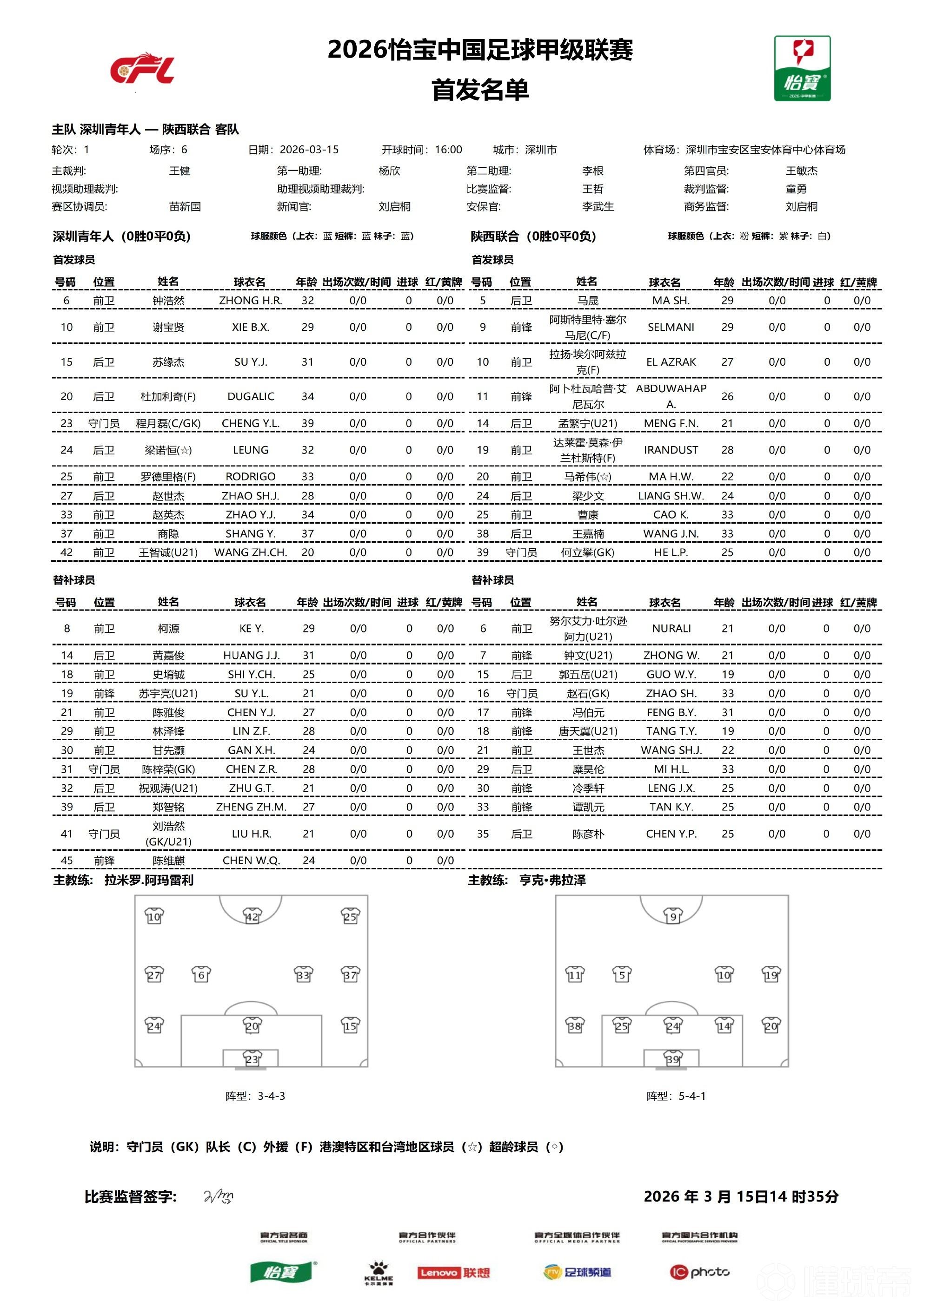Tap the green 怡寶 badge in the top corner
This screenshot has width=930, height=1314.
point(802,69)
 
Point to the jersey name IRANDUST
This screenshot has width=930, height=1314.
point(671,450)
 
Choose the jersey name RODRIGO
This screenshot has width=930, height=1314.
point(251,476)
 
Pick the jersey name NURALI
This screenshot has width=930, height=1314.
point(671,628)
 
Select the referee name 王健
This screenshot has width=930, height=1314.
point(179,171)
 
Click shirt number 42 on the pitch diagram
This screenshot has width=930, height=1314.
point(252,916)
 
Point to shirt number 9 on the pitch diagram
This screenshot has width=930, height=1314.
point(672,916)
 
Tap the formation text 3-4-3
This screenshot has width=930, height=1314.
point(271,1096)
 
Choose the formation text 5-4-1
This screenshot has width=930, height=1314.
point(692,1096)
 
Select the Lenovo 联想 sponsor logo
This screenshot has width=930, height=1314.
point(453,1272)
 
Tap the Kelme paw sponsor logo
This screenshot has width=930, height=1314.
point(379,1272)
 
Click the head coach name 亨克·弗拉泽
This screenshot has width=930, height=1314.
point(552,880)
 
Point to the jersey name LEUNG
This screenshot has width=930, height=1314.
point(251,450)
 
